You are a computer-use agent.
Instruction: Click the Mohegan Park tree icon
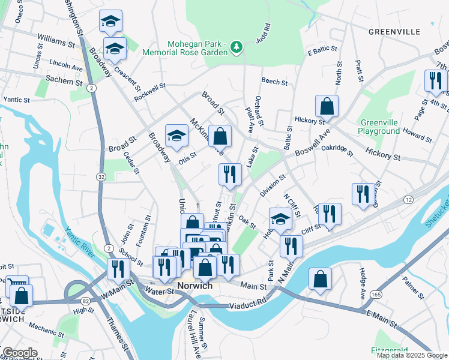point(237,46)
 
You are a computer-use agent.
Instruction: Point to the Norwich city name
point(195,286)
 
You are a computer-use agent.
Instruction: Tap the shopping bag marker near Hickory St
point(327,106)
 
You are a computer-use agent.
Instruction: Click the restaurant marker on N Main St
point(291,245)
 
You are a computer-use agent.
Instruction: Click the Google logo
point(20,353)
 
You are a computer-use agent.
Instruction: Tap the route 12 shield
point(408,199)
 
